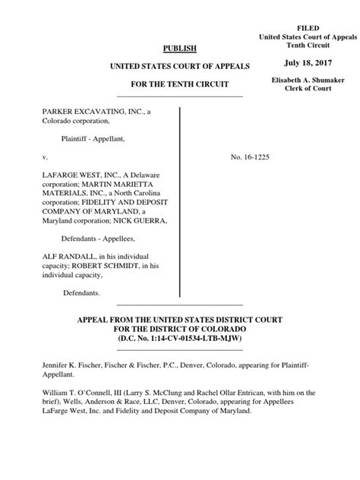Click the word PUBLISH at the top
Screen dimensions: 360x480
coord(180,49)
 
